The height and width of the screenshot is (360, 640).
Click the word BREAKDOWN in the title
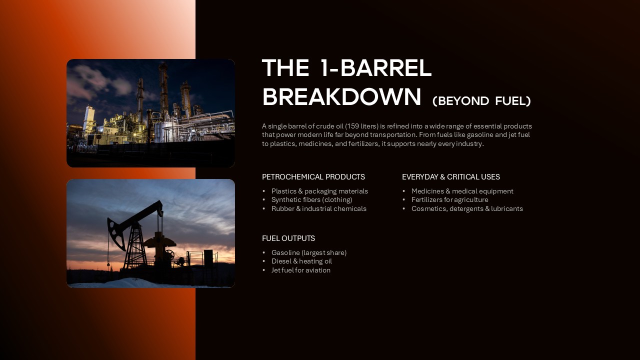click(x=341, y=97)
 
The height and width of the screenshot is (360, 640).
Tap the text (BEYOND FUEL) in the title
click(x=481, y=101)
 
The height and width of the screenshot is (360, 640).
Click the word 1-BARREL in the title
click(x=375, y=68)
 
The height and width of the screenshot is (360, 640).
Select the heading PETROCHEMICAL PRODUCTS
click(x=313, y=177)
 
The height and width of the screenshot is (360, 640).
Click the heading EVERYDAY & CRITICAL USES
click(x=450, y=177)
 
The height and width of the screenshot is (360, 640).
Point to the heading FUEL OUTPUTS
click(x=288, y=238)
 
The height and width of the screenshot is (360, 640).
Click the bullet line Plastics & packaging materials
click(x=319, y=191)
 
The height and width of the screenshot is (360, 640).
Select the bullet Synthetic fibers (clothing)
click(x=311, y=199)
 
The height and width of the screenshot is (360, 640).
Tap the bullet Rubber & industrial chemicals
click(x=318, y=208)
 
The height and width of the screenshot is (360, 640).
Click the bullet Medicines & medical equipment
click(x=462, y=191)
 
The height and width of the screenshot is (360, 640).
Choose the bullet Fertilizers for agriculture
click(x=449, y=199)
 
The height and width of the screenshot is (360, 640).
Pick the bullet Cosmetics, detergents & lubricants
click(x=467, y=208)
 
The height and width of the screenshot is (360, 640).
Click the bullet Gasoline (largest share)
click(x=308, y=252)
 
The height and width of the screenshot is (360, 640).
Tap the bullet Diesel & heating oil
click(x=301, y=261)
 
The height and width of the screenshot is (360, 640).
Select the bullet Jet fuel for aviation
click(x=300, y=270)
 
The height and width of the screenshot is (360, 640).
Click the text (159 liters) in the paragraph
click(x=361, y=126)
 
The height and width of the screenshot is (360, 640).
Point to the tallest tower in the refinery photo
click(x=163, y=87)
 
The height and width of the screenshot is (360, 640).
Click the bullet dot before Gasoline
click(x=264, y=252)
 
